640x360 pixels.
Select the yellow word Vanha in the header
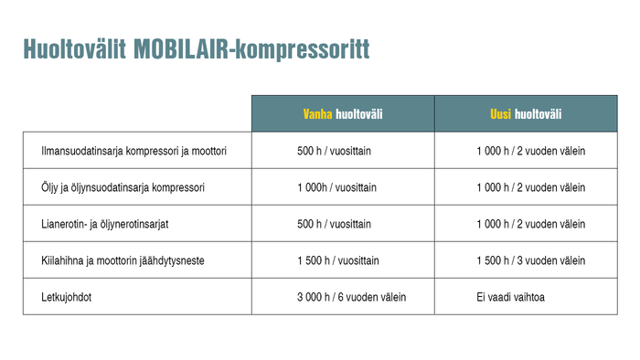[x=318, y=114]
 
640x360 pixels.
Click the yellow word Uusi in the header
[x=501, y=114]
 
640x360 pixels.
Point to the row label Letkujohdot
[x=67, y=297]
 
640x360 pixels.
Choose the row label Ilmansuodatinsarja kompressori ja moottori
[x=133, y=151]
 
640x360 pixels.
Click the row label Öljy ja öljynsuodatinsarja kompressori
[x=123, y=187]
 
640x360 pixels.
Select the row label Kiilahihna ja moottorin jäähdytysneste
[x=123, y=260]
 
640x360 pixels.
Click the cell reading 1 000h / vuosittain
[x=336, y=187]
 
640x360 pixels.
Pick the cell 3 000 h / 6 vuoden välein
[x=352, y=297]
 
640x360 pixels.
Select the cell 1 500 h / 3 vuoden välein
[x=530, y=260]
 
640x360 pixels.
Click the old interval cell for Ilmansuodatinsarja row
[x=334, y=151]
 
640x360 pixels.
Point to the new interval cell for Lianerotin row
[x=530, y=224]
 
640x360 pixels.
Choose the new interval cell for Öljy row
[x=530, y=187]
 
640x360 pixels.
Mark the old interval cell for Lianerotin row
[x=334, y=224]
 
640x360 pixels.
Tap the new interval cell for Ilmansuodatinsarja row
[x=530, y=151]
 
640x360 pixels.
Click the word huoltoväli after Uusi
[x=539, y=114]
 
